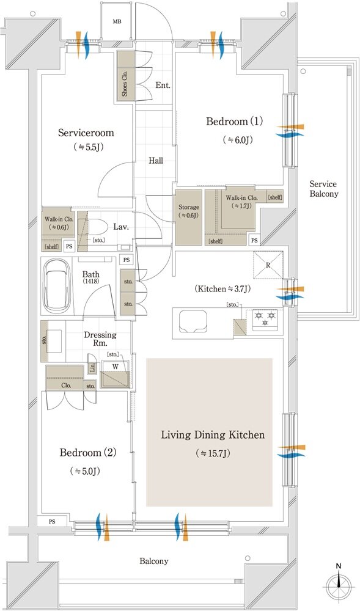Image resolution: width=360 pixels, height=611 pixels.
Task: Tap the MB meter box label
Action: click(x=117, y=21)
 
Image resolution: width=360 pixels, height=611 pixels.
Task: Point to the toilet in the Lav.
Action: click(x=90, y=226)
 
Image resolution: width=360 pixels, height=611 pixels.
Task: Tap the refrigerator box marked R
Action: click(x=268, y=265)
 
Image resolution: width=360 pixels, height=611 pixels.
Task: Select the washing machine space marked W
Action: click(x=115, y=373)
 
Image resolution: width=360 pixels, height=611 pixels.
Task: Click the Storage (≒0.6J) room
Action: click(x=189, y=217)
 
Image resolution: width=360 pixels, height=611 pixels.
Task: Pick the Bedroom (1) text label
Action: click(x=235, y=122)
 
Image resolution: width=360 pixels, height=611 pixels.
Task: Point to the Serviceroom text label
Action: click(x=86, y=133)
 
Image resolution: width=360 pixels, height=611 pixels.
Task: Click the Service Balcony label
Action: click(x=324, y=189)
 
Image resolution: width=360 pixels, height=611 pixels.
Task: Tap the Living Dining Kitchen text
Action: click(x=213, y=434)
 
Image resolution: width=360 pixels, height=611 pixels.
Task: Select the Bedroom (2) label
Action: click(x=88, y=453)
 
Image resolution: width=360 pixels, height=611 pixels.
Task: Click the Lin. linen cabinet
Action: click(x=92, y=368)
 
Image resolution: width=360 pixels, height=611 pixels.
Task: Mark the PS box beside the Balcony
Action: click(x=52, y=521)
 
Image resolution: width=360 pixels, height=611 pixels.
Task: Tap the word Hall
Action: click(x=156, y=161)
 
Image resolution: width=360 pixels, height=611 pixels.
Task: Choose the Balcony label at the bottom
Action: click(x=154, y=561)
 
